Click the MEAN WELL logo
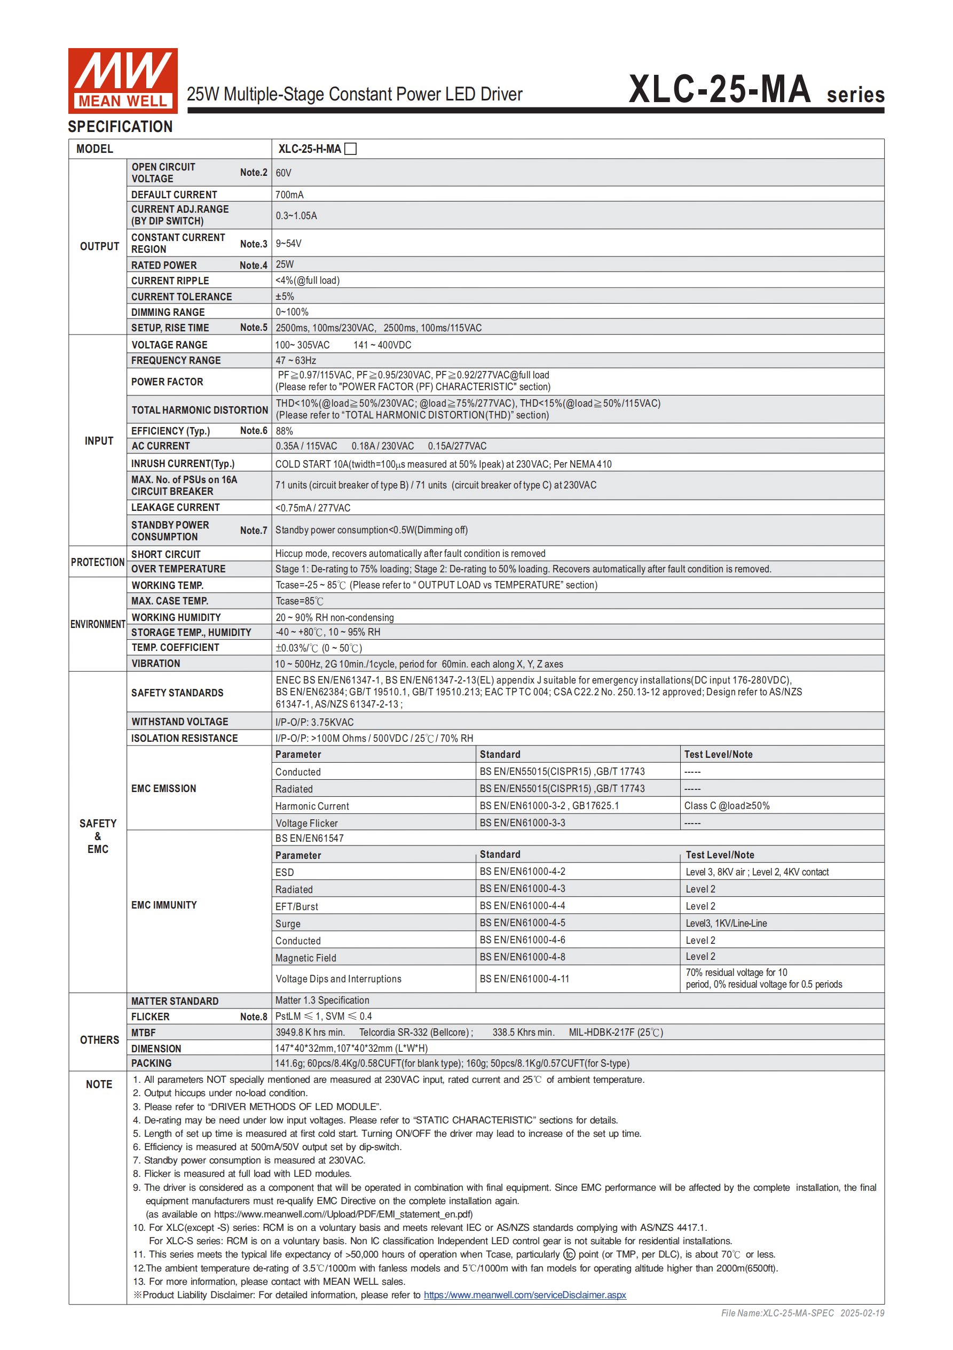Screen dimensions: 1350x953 coord(123,81)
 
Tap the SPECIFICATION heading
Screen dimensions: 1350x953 coord(121,127)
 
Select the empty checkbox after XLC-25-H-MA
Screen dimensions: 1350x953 coord(351,149)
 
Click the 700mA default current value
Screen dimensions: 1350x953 coord(290,195)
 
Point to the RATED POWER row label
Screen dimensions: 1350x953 coord(164,265)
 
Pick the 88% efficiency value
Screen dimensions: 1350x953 coord(285,431)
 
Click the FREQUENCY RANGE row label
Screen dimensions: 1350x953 coord(176,360)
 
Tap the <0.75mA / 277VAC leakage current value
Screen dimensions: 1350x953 coord(312,507)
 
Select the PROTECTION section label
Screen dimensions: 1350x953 coord(98,562)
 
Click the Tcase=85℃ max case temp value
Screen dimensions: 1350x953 coord(300,601)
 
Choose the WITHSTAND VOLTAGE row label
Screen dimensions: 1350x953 coord(179,721)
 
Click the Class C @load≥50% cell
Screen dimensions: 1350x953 coord(727,805)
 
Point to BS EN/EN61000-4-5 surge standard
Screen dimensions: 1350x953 coord(522,922)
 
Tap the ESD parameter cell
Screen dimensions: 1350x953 coord(285,872)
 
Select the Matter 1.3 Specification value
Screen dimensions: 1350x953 coord(322,1000)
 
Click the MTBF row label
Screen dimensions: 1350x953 coord(144,1033)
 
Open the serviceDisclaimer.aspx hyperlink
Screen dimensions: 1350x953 coord(525,1295)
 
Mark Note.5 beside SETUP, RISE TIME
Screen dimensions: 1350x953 coord(253,328)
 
